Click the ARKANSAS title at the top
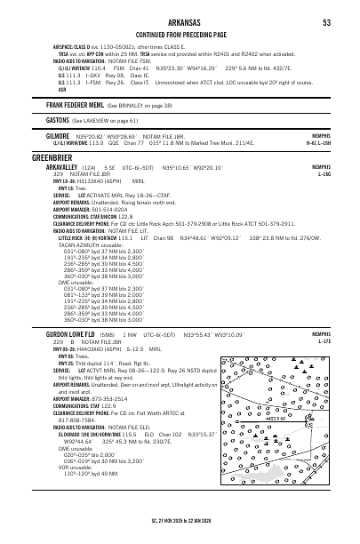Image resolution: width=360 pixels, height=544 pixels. coord(180,22)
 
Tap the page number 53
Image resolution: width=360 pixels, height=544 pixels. coord(326,22)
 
